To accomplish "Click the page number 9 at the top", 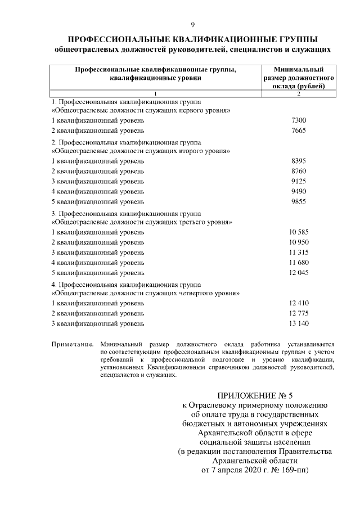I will (192, 25).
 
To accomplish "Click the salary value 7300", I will (299, 121).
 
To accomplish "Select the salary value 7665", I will (299, 131).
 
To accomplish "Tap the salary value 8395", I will (299, 161).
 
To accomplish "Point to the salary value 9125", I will (299, 182).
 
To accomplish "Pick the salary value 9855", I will (299, 201).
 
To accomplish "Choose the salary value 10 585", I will (299, 232).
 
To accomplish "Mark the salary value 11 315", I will (299, 252).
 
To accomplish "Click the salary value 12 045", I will (299, 272).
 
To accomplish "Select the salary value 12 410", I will (299, 303).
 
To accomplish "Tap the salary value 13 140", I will (299, 323).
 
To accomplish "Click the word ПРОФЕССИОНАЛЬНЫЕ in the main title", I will (112, 39).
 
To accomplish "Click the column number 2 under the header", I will (299, 93).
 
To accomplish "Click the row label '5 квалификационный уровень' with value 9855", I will (97, 201).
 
